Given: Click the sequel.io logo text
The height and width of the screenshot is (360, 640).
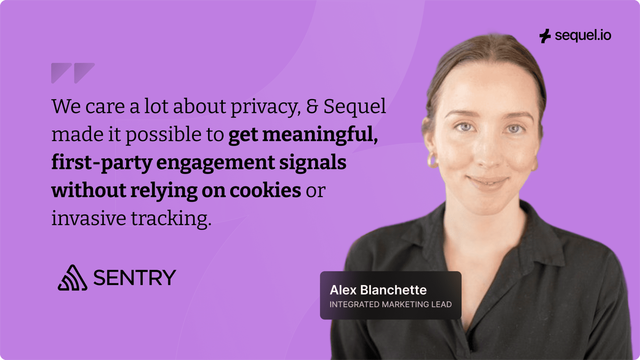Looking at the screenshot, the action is coord(583,36).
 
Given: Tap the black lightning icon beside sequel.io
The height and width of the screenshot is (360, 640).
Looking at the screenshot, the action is coord(545,36).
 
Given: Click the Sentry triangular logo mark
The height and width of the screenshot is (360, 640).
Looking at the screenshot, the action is coord(72,277).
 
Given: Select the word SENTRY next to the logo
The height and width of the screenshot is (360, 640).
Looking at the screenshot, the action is coord(134,277).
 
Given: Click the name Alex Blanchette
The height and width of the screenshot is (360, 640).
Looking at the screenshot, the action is coord(378,290).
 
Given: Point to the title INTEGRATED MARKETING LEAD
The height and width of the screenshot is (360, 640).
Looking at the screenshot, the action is coord(391,304).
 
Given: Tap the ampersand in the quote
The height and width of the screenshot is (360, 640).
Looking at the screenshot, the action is coord(312,106).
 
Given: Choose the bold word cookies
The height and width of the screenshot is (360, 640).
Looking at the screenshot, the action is coord(265,190).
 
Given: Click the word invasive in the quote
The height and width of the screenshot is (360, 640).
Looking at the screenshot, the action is coord(89,218).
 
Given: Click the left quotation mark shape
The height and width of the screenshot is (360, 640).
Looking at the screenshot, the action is coord(61,73).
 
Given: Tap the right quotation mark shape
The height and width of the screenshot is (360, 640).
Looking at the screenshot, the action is coord(84,73).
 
